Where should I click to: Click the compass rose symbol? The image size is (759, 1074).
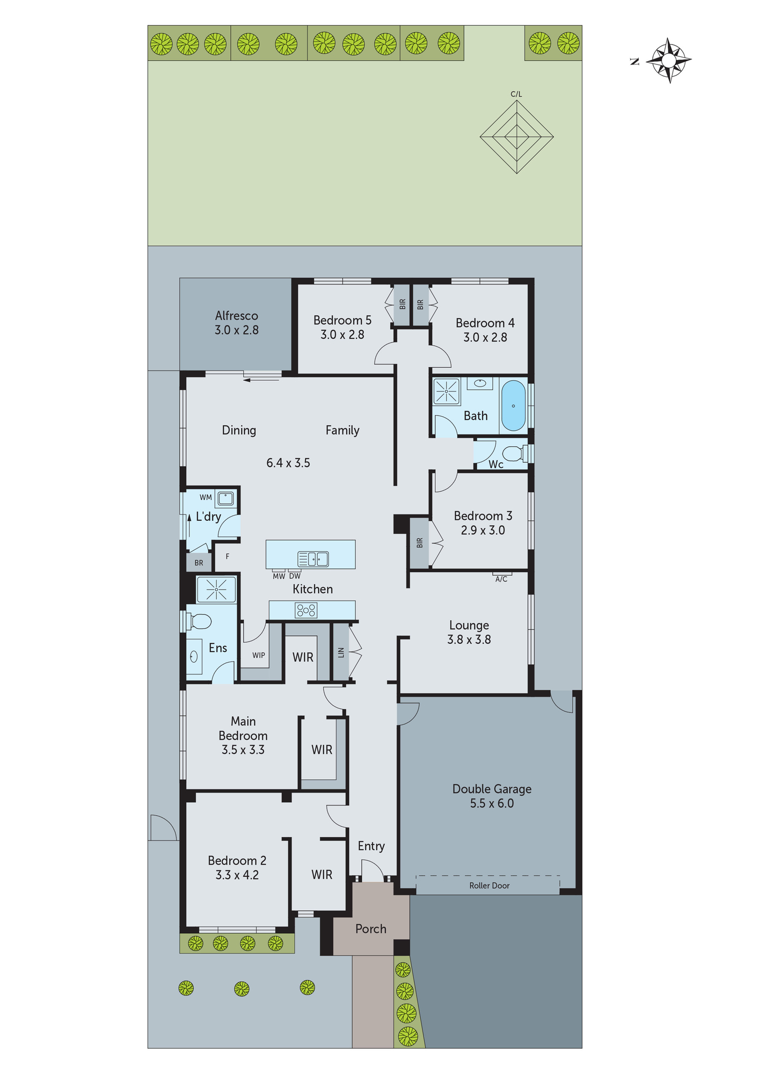668,60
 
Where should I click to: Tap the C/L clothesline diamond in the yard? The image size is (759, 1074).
516,136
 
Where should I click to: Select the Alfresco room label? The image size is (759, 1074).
236,316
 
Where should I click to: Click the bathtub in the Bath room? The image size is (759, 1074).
513,406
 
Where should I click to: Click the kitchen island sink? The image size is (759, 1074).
313,559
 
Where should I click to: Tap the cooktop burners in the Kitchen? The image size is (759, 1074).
306,610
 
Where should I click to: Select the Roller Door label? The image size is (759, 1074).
489,886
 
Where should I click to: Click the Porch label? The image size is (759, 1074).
370,929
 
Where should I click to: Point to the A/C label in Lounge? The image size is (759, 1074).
501,579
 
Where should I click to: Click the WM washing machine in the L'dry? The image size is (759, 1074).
225,498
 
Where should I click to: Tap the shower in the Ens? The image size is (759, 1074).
216,590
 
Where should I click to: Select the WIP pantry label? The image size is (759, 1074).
259,655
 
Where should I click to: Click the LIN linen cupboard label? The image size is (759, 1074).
341,652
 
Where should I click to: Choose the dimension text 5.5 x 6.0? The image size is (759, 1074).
492,803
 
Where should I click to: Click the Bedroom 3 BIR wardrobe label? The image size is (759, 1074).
420,543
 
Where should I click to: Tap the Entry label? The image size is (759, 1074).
371,846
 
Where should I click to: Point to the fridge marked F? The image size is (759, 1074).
228,556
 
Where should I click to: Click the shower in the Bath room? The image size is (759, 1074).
447,391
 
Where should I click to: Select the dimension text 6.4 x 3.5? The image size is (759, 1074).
288,463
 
